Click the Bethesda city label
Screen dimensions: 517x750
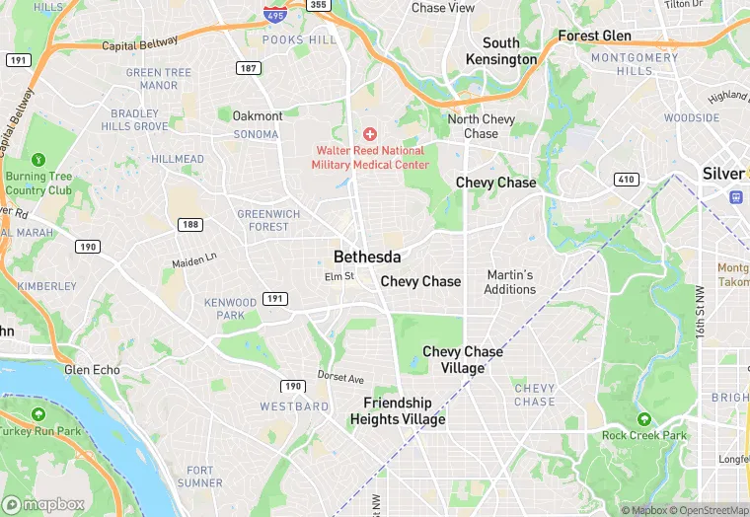[367, 257]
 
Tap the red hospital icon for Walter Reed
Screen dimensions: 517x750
[370, 133]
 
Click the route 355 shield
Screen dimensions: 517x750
[317, 5]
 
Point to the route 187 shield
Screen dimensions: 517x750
[248, 67]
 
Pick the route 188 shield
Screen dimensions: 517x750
[190, 225]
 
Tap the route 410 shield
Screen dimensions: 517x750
[625, 179]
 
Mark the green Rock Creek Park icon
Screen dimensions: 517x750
[643, 419]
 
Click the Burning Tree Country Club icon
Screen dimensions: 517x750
[38, 159]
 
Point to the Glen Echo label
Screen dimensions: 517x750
[92, 370]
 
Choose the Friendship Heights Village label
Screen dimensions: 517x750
[397, 410]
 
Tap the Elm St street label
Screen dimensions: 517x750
[338, 276]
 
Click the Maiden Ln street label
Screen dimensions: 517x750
[193, 260]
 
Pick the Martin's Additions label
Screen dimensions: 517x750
[510, 282]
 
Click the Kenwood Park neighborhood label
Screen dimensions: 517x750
[230, 308]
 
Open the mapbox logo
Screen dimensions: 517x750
[43, 504]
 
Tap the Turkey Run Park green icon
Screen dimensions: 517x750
[38, 414]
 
